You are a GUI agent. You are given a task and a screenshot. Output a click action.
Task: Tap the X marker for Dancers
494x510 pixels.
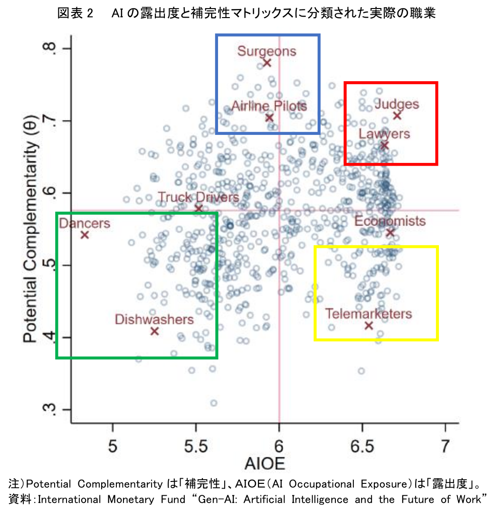(x=85, y=235)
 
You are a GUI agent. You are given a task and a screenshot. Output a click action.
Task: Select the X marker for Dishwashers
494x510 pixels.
(x=154, y=331)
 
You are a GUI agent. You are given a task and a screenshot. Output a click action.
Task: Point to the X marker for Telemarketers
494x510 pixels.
(x=369, y=325)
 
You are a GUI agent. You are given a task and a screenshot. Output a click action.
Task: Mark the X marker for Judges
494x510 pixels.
(x=397, y=115)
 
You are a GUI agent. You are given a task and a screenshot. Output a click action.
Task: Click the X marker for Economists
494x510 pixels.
(x=390, y=232)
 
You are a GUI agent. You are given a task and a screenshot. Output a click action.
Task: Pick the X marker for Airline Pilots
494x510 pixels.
(x=269, y=118)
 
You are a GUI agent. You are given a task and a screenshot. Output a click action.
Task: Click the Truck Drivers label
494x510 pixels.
(x=198, y=197)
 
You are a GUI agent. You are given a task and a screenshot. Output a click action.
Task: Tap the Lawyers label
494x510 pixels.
(x=384, y=133)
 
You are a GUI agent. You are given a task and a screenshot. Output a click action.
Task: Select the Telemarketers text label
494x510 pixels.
(x=369, y=313)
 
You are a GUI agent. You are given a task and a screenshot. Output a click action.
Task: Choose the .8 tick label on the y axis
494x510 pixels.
(x=49, y=49)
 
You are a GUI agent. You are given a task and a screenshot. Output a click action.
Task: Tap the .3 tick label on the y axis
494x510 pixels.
(x=49, y=410)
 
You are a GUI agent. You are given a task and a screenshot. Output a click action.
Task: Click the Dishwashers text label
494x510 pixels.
(x=154, y=319)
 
